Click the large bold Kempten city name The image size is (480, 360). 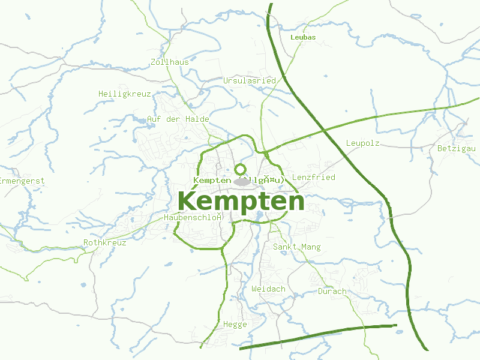coord(241,201)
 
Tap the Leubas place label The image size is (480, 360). coord(302,37)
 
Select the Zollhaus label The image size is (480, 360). coord(170,62)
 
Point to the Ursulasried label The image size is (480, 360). coord(249,80)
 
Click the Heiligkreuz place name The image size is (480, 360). coord(124,94)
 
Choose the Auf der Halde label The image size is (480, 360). coord(178,119)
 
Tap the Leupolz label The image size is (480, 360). coord(362,143)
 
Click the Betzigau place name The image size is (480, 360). coord(456,148)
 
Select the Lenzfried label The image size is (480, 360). coord(313,177)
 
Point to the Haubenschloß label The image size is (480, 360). coord(193,217)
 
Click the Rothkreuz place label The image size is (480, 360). coord(104,242)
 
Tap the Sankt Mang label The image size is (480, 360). coord(296,247)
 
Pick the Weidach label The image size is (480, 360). coord(268,289)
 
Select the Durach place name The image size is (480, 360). coord(332,291)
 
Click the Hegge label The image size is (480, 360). coord(235,324)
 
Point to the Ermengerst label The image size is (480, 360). coord(22,180)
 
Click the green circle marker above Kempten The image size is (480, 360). coord(240,169)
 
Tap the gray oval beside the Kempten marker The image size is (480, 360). coord(241,181)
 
